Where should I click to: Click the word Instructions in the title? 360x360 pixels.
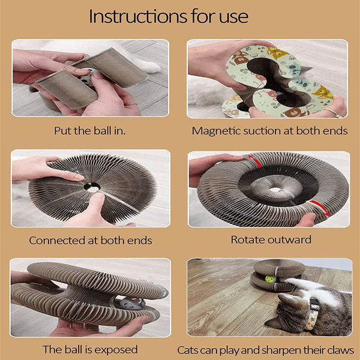138,16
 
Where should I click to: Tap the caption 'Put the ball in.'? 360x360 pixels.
90,131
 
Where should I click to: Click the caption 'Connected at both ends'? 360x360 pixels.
91,241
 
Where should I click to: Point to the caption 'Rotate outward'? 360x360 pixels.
271,239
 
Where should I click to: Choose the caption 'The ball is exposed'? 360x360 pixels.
90,350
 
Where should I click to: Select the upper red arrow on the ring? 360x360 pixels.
255,160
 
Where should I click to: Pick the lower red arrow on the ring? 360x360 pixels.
320,208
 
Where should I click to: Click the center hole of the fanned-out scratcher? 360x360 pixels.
92,187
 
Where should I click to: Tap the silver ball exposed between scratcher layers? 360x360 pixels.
130,304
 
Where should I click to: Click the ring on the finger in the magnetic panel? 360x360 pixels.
333,113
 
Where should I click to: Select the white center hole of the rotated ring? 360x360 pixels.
275,190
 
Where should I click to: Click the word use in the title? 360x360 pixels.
233,17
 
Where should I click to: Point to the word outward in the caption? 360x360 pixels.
289,239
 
